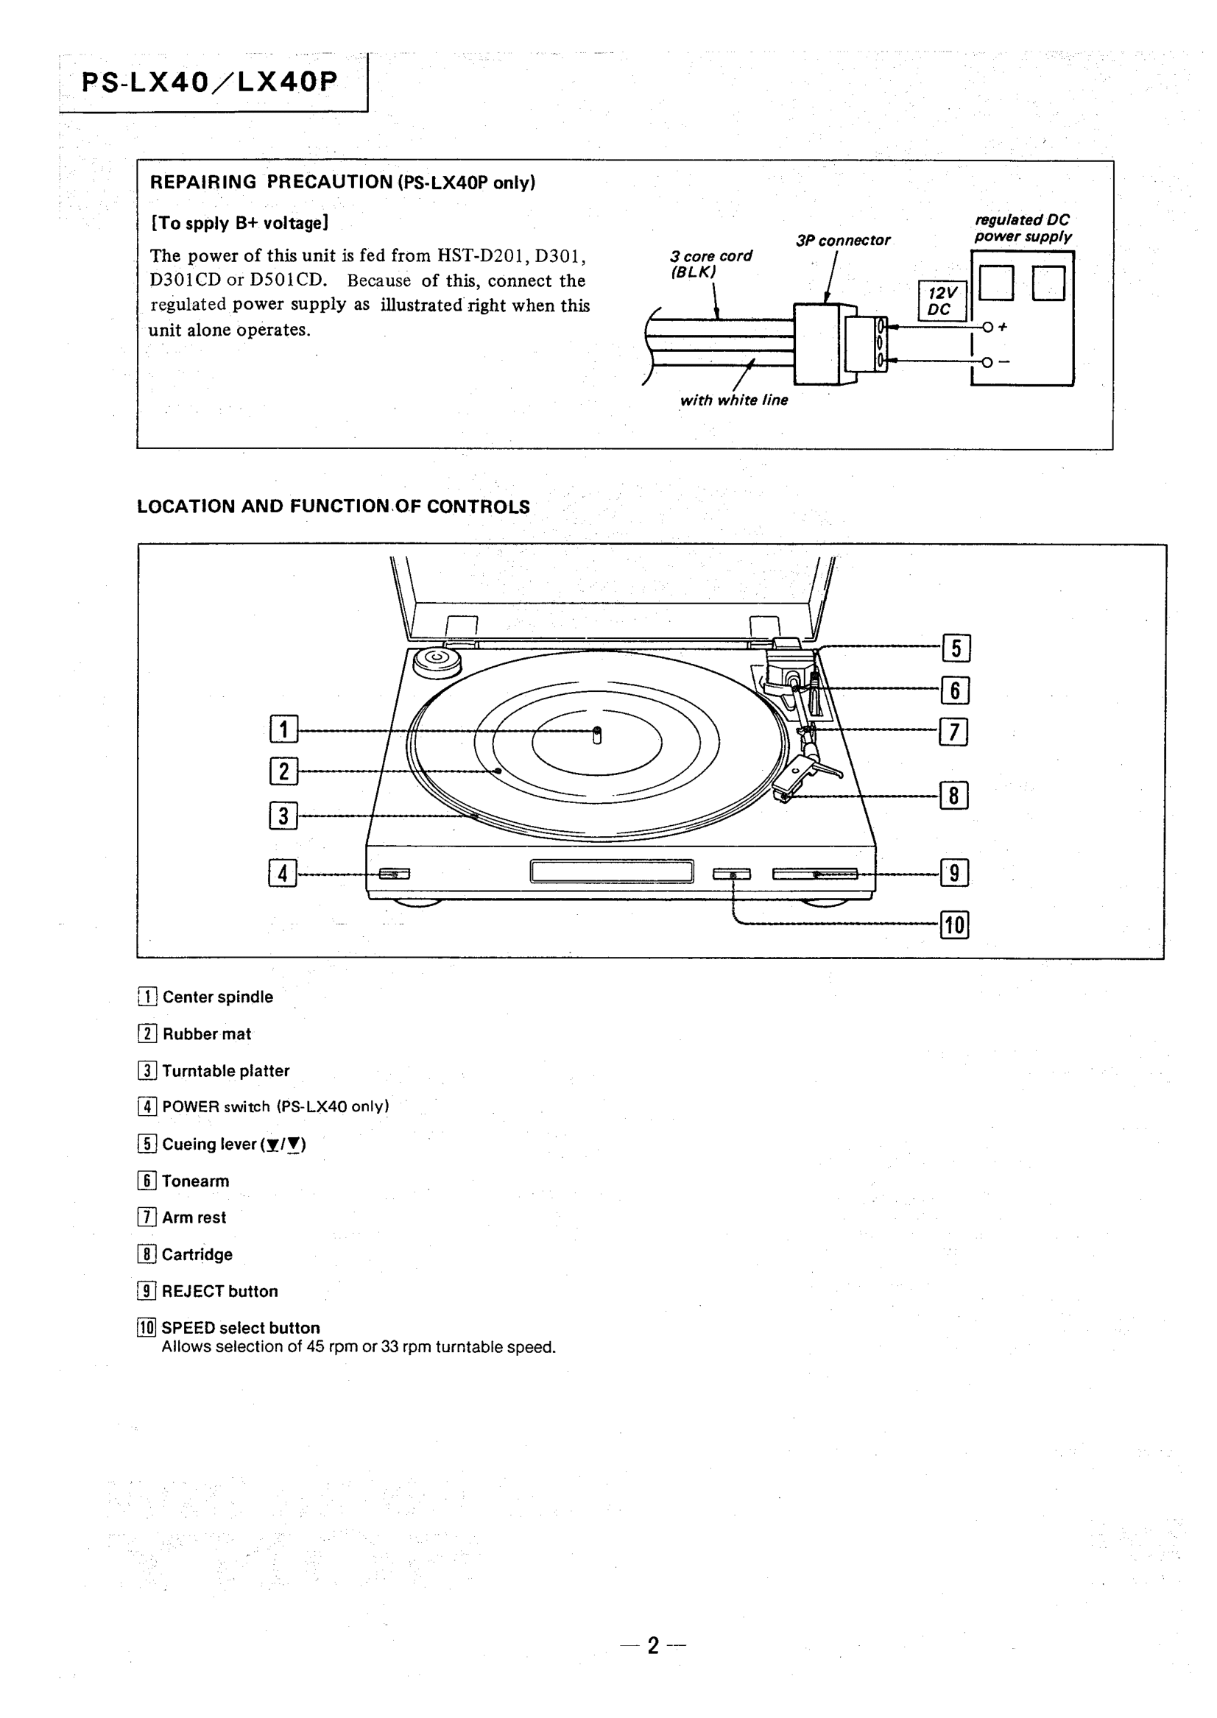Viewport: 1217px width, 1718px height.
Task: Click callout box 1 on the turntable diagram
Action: tap(283, 728)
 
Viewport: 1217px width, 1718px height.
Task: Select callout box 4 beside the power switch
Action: tap(283, 873)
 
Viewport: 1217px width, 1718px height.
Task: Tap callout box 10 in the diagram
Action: tap(955, 925)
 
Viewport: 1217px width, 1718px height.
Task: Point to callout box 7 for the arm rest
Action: tap(953, 732)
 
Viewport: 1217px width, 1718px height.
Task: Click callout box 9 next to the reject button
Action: tap(955, 873)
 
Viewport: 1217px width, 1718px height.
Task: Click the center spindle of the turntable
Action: tap(596, 735)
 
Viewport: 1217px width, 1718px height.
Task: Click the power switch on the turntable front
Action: tap(394, 874)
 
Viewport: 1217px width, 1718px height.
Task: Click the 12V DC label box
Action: tap(942, 301)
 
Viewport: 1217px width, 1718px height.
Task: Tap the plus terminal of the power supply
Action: tap(988, 327)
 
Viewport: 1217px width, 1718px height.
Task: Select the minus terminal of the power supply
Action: tap(987, 362)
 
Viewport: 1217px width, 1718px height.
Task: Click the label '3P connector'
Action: tap(843, 241)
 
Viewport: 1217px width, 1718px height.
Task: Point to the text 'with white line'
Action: tap(733, 400)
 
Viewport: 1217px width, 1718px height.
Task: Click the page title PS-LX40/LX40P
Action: tap(210, 82)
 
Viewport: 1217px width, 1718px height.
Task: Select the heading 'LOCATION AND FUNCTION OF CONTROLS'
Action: tap(334, 506)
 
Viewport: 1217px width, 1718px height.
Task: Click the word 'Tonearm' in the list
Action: tap(196, 1181)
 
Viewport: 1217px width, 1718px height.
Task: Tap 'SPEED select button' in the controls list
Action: tap(241, 1328)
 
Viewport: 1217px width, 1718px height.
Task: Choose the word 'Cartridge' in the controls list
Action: tap(197, 1254)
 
